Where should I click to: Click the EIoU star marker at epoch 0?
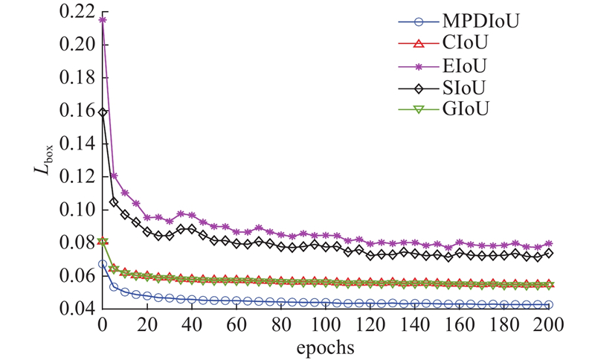[103, 20]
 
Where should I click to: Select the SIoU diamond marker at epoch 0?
[103, 113]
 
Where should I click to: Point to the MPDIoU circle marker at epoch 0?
[103, 264]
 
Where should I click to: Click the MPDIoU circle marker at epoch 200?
[549, 304]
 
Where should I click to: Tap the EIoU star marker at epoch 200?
[549, 243]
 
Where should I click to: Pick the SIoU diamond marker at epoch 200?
[549, 253]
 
